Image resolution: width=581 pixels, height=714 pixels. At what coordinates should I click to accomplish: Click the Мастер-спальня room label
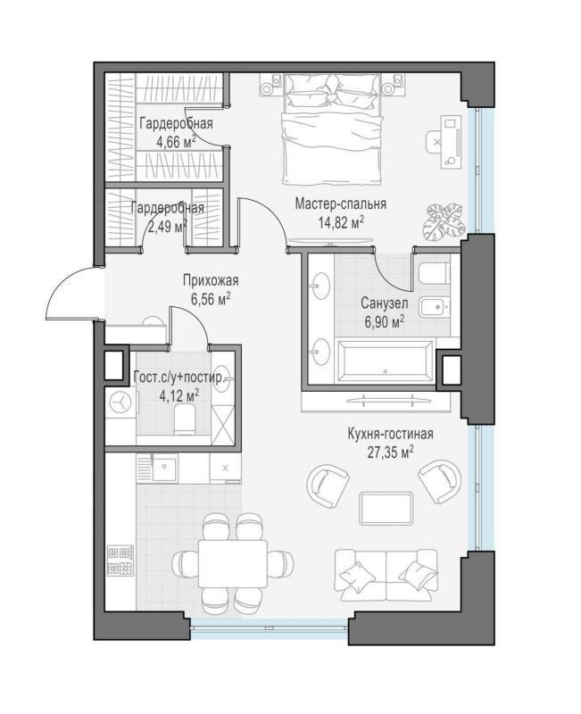coord(340,203)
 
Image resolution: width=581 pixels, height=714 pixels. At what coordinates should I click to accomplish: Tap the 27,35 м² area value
coord(390,452)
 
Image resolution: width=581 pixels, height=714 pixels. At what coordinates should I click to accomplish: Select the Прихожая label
coord(211,280)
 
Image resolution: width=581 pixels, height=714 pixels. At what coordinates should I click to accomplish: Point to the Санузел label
coord(385,303)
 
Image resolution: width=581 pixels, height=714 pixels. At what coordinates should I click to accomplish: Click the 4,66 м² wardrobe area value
coord(176,142)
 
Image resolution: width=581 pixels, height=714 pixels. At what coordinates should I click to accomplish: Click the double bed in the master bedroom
coord(331,129)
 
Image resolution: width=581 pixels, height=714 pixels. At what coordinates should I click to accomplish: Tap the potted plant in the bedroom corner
coord(444,221)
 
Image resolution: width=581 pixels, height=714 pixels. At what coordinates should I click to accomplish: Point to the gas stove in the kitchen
coord(120,560)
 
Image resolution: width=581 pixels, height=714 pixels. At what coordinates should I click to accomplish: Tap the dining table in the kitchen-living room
coord(233,564)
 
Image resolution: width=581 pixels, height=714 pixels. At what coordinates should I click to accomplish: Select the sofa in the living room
coord(386,575)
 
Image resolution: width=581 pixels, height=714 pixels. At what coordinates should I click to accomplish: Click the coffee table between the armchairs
coord(386,508)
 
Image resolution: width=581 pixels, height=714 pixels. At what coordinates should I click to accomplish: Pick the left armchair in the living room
coord(328,485)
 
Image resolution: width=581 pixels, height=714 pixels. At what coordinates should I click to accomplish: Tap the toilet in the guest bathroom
coord(185,420)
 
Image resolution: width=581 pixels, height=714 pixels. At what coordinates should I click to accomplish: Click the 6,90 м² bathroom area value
coord(385,322)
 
